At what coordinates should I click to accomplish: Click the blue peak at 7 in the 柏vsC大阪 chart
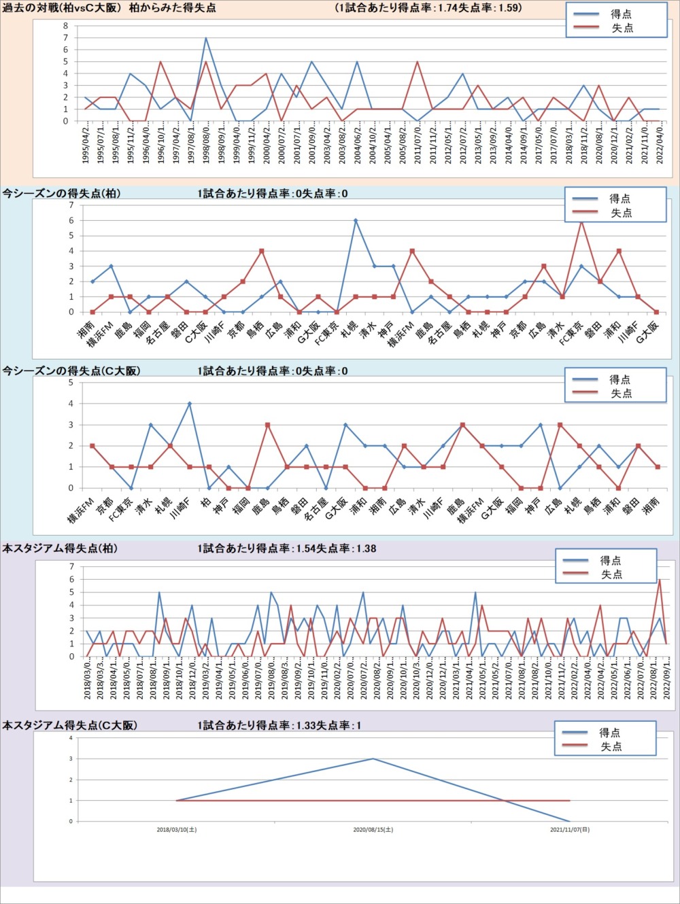[206, 38]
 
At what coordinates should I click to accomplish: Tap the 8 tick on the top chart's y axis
[66, 26]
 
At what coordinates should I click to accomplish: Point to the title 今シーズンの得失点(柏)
[61, 194]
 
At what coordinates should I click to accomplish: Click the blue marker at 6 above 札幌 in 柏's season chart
[355, 221]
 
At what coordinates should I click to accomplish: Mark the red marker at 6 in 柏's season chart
[581, 221]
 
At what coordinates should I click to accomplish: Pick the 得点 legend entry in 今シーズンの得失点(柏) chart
[619, 198]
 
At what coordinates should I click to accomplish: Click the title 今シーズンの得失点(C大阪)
[71, 371]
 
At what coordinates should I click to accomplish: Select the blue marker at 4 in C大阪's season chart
[190, 404]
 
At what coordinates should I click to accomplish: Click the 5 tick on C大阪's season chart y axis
[71, 383]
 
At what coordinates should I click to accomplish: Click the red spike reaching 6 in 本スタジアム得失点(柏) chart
[659, 580]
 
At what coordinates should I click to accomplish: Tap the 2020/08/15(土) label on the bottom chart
[373, 830]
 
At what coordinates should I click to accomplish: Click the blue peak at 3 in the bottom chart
[373, 759]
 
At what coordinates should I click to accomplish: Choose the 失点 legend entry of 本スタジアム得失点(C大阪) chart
[611, 746]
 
